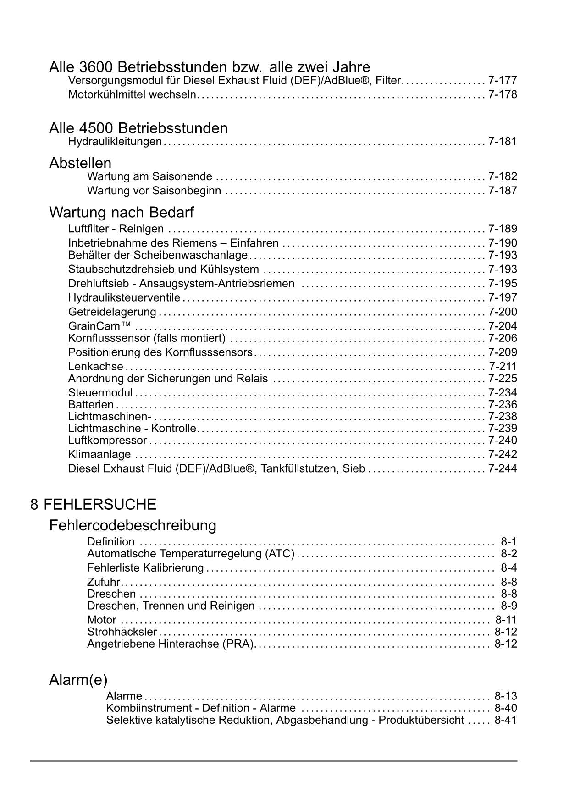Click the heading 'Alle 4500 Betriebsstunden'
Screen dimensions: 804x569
[138, 128]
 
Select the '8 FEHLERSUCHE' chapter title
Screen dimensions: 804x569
[93, 505]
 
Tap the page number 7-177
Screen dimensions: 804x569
[503, 81]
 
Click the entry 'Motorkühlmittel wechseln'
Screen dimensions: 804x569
[132, 95]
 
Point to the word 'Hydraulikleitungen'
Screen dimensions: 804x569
[115, 142]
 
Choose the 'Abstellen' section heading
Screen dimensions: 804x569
[80, 163]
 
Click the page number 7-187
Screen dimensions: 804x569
[503, 191]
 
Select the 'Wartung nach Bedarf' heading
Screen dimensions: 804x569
[121, 213]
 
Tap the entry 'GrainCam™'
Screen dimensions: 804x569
[99, 326]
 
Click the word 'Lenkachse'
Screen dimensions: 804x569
[95, 367]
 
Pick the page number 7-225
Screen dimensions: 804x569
[503, 379]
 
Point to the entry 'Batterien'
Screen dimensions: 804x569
[91, 405]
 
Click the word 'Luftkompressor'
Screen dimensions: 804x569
[107, 441]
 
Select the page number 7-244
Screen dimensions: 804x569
[503, 469]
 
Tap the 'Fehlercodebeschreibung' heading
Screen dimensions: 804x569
[133, 525]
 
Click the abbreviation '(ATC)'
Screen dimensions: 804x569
[280, 554]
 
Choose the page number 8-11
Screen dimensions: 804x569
[506, 620]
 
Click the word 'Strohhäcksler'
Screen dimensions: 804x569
[122, 632]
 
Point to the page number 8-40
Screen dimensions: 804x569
[506, 708]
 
